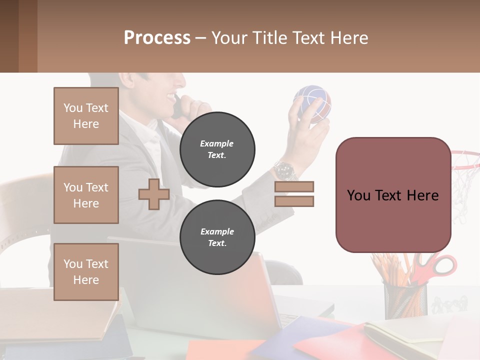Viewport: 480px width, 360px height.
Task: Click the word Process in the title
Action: click(x=157, y=38)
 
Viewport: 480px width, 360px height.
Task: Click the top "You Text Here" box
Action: click(x=86, y=116)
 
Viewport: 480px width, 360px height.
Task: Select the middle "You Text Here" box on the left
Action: click(x=86, y=195)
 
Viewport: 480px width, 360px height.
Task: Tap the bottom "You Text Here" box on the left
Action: click(x=86, y=271)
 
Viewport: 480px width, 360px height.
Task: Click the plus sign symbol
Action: click(x=154, y=194)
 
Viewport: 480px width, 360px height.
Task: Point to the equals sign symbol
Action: click(x=294, y=194)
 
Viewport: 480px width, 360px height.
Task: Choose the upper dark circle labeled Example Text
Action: click(x=217, y=149)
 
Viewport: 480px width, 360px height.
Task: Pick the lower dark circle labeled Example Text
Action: click(x=217, y=237)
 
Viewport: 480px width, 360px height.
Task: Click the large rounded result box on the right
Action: click(x=393, y=195)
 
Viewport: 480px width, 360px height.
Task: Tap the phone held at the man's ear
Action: click(x=177, y=107)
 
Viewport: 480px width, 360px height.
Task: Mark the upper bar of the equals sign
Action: click(x=294, y=186)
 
